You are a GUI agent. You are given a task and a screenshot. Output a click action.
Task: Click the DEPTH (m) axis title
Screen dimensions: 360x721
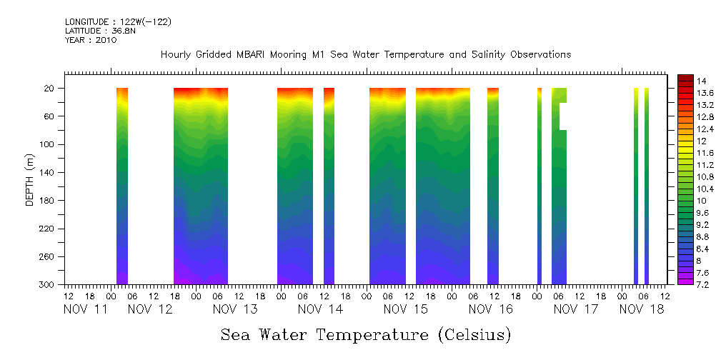(x=30, y=179)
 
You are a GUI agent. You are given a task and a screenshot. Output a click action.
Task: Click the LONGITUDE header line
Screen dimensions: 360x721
(x=118, y=22)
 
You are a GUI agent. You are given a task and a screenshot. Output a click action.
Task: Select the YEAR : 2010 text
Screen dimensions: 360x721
(x=91, y=40)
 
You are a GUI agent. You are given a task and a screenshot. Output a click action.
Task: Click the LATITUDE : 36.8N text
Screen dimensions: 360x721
(x=101, y=31)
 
